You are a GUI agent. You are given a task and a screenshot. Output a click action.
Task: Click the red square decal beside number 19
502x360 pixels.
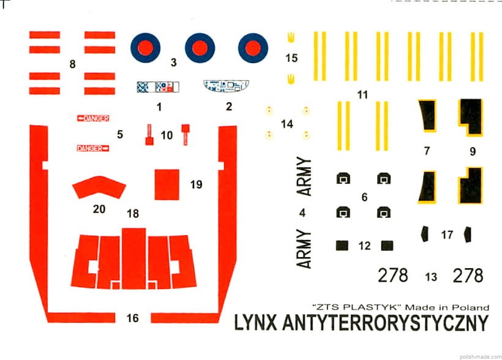[167, 184]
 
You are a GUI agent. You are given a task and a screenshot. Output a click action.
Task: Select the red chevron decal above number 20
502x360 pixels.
[99, 187]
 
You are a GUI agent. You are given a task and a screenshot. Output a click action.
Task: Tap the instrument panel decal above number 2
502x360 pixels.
[226, 86]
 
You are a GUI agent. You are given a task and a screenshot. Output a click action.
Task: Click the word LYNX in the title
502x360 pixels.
[255, 323]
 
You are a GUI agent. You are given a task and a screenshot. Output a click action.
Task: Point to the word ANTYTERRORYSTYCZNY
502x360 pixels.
[386, 323]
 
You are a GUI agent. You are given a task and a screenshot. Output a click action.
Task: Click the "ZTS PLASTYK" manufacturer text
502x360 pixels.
[357, 307]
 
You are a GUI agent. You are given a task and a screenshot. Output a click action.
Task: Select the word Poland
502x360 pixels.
[471, 307]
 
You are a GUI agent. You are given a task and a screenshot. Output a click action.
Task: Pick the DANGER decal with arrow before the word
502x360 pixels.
[93, 119]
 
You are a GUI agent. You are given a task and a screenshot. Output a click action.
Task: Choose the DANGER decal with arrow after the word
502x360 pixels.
[93, 148]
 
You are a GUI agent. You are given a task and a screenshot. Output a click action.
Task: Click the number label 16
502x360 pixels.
[133, 318]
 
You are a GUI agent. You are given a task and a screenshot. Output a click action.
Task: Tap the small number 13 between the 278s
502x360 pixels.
[431, 277]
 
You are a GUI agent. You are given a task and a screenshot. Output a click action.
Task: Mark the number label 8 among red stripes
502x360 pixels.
[72, 64]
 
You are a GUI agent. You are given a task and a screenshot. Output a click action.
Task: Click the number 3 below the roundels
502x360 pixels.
[173, 62]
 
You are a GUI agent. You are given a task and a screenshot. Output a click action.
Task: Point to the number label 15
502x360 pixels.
[291, 58]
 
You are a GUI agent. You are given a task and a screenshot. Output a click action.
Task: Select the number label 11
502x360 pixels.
[362, 95]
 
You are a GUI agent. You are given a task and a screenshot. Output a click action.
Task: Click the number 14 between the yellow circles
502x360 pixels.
[287, 124]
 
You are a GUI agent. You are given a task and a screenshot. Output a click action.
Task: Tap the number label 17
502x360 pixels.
[447, 234]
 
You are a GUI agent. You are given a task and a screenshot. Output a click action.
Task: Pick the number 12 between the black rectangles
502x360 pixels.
[365, 246]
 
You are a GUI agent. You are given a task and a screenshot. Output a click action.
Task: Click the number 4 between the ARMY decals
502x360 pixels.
[302, 212]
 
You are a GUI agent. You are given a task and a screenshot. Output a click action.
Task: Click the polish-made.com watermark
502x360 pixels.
[480, 357]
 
